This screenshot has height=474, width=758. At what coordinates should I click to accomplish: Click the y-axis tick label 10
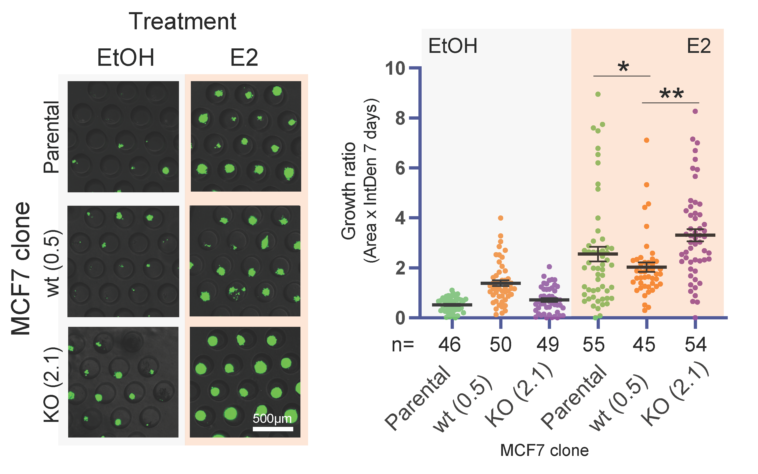coord(395,68)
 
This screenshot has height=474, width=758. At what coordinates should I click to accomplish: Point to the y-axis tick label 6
coord(400,168)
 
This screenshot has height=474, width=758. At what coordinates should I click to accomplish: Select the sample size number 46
coord(449,345)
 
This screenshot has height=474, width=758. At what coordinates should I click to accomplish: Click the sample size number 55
coord(594,345)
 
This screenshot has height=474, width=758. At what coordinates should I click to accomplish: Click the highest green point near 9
coord(598,94)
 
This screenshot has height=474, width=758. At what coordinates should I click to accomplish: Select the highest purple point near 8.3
coord(695,111)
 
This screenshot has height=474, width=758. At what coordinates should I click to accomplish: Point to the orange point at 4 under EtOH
coord(501,218)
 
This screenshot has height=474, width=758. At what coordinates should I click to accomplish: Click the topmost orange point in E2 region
coord(646,140)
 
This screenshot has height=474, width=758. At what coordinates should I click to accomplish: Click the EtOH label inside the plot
coord(453,46)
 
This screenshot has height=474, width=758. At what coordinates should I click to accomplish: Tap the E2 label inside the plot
coord(699,46)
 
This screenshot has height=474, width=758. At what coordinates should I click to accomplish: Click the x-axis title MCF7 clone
coord(545,450)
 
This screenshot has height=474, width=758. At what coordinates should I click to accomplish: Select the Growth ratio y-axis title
coord(349,191)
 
